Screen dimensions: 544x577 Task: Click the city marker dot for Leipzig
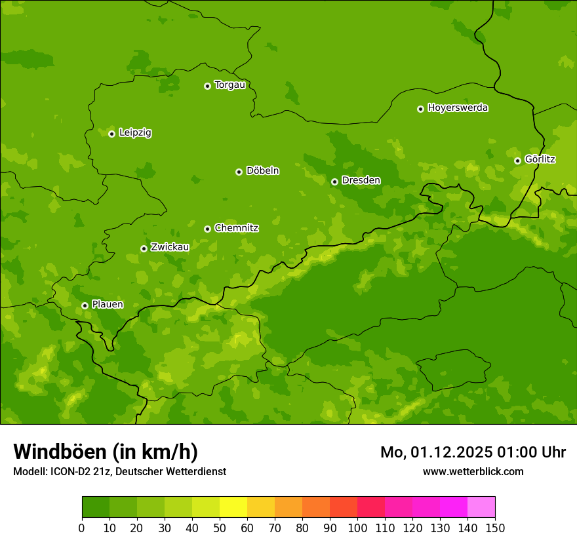(111, 134)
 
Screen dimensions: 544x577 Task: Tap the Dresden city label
(361, 180)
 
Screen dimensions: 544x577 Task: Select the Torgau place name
(229, 85)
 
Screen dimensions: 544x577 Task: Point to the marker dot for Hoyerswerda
(420, 109)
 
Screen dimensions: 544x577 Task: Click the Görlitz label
(540, 159)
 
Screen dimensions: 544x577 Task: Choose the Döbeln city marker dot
(239, 172)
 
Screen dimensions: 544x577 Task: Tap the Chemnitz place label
(236, 228)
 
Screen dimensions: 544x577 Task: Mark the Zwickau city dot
(144, 248)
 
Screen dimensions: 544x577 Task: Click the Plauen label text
(108, 304)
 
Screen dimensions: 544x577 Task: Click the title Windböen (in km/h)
(106, 452)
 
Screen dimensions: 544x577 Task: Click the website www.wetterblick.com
(473, 471)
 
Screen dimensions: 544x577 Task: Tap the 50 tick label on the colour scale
(220, 528)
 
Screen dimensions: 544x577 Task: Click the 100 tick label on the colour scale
(357, 528)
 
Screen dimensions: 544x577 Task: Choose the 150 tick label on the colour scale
(495, 528)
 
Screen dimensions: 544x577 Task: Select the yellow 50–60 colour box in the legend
(233, 507)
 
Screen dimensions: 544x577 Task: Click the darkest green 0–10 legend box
(96, 507)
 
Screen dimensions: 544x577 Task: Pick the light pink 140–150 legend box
(481, 507)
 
